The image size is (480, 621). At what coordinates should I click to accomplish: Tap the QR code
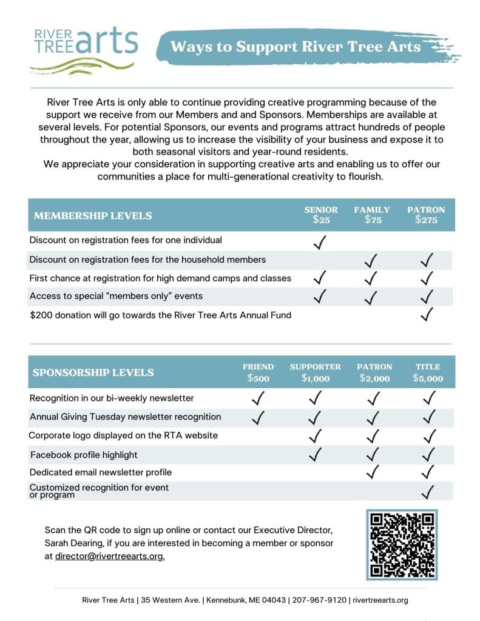click(402, 544)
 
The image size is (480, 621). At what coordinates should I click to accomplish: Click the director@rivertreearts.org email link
click(110, 556)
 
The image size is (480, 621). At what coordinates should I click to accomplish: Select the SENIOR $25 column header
click(321, 215)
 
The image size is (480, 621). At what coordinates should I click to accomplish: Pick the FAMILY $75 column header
click(372, 215)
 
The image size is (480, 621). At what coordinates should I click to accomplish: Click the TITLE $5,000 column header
click(428, 373)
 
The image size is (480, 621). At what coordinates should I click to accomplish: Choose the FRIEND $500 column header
click(258, 373)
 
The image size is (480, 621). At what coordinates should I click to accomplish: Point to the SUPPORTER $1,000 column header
click(315, 373)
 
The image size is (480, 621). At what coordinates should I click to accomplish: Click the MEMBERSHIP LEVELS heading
click(93, 216)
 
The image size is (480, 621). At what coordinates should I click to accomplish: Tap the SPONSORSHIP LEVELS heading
click(93, 373)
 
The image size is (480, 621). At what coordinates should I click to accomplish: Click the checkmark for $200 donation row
click(427, 314)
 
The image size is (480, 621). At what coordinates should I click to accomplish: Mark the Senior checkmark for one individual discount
click(320, 242)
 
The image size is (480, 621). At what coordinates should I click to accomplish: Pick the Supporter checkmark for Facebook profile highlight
click(315, 454)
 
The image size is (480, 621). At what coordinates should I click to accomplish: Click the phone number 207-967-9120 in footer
click(319, 600)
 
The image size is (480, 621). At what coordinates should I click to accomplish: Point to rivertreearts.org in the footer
click(380, 600)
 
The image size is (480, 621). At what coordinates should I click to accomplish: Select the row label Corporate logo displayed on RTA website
click(123, 435)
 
